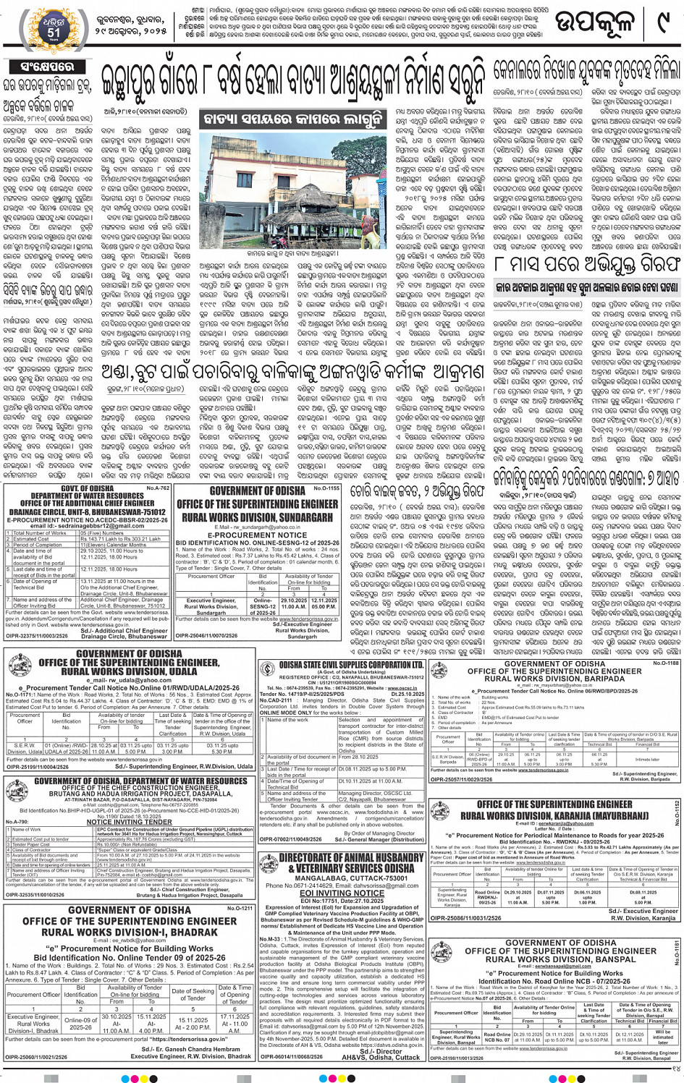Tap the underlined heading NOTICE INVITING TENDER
130,822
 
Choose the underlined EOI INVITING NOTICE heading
342,893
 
